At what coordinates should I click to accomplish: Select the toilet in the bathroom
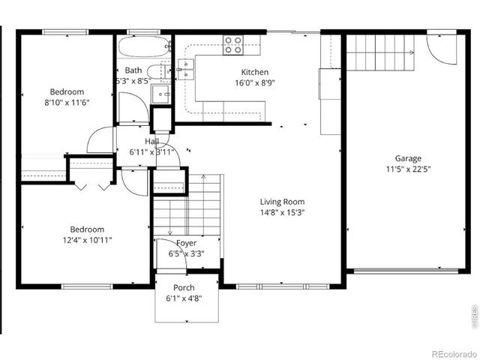click(154, 72)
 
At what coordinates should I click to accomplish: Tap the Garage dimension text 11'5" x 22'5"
click(408, 169)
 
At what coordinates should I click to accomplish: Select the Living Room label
click(282, 202)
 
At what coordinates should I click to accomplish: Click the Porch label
click(184, 287)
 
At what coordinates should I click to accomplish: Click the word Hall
click(152, 141)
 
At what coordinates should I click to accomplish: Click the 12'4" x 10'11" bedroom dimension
click(87, 240)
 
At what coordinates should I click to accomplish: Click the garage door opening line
click(406, 271)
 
